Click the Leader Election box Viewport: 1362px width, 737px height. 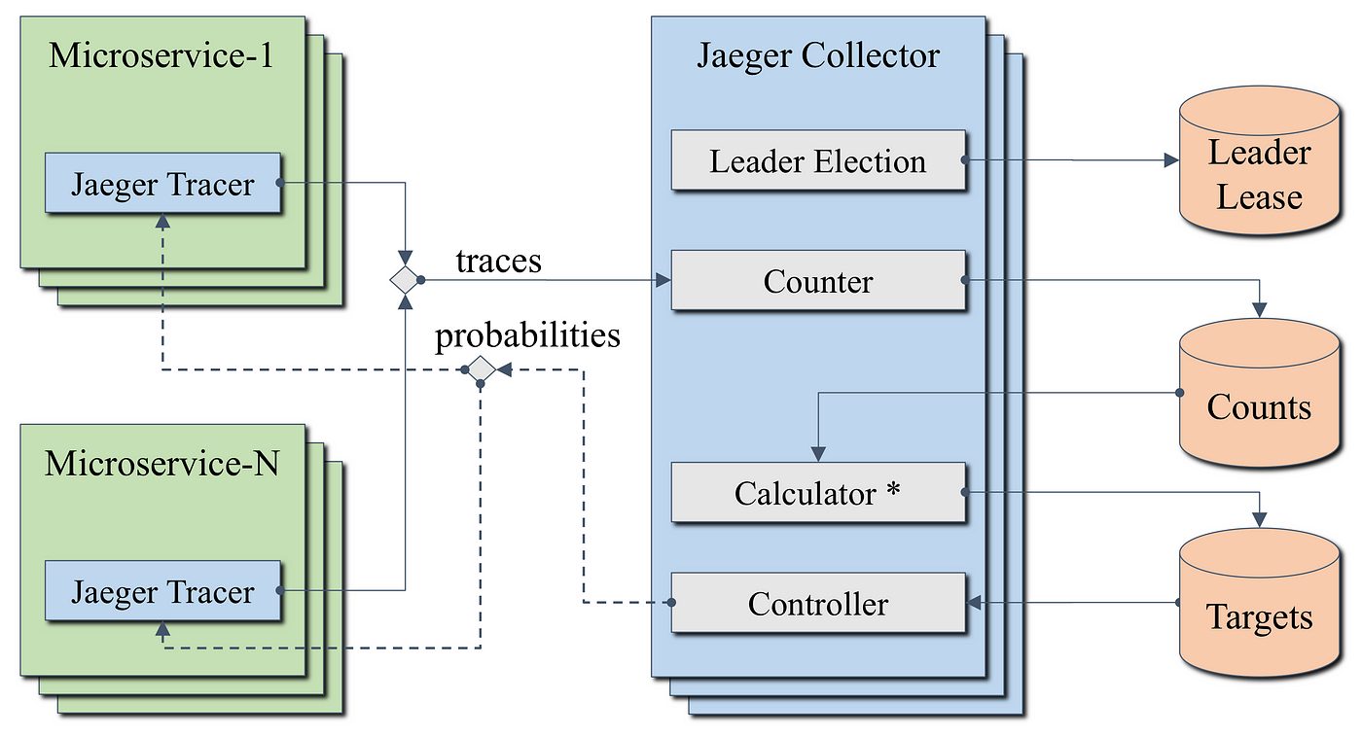818,160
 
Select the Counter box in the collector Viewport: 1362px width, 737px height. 818,280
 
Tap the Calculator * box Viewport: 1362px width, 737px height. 818,492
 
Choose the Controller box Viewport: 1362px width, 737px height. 818,603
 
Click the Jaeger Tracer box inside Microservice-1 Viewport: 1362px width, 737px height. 163,183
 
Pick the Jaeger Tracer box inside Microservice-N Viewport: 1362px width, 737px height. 163,590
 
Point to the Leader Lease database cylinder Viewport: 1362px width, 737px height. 1259,160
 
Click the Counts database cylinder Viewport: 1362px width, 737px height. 1259,393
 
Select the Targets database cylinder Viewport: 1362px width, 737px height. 1259,603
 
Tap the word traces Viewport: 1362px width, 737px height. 498,262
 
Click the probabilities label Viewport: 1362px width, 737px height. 527,335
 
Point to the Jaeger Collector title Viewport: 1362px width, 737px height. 818,55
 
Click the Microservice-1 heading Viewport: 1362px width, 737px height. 161,55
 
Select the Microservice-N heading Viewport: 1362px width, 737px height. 161,463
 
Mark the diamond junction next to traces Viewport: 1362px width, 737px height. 405,280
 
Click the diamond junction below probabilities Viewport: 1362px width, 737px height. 481,369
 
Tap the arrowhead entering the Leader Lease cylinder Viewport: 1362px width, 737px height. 1171,160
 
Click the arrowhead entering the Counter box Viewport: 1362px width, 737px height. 663,280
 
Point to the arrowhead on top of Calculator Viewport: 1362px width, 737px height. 818,454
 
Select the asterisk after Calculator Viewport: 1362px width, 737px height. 893,488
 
